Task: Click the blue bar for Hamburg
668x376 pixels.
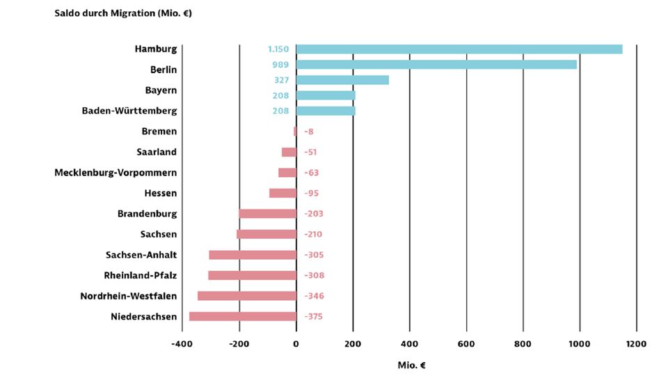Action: (459, 49)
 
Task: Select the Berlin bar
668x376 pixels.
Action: (436, 65)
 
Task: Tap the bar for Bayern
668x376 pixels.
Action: (342, 80)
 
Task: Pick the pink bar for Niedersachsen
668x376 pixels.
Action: (243, 317)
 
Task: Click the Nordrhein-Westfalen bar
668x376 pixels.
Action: (247, 296)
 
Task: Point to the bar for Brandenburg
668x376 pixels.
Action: (268, 214)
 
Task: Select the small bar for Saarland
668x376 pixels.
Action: (289, 152)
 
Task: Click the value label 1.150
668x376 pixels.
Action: (278, 49)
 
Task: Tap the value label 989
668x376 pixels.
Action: (281, 65)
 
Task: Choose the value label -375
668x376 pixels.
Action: (314, 317)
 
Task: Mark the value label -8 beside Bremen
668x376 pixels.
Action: (309, 132)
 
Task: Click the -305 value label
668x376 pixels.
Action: (314, 255)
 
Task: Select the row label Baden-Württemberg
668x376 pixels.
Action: (129, 111)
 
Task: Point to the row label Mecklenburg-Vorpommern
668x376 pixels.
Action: (116, 173)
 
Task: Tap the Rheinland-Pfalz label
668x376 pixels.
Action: (141, 275)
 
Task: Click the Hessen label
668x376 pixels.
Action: (161, 193)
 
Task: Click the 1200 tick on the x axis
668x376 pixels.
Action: (636, 343)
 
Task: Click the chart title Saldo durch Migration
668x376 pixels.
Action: (123, 13)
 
